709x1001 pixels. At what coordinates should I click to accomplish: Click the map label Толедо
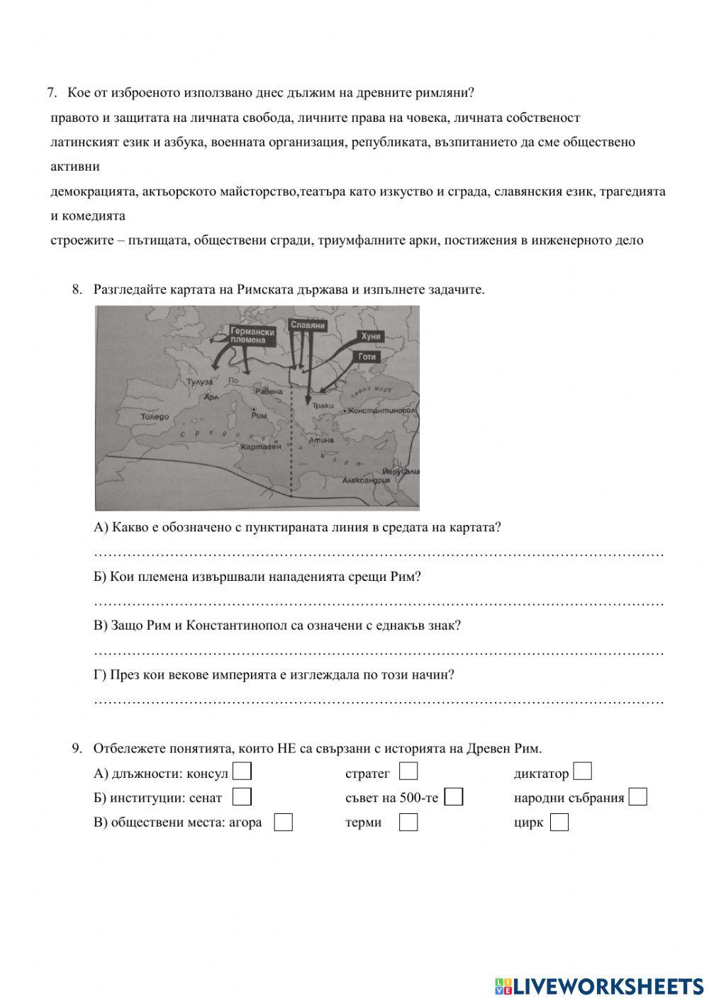pos(155,417)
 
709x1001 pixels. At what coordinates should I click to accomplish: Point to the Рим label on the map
pos(259,417)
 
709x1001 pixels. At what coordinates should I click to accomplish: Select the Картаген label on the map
pos(260,447)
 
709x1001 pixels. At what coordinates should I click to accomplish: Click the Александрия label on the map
pos(366,480)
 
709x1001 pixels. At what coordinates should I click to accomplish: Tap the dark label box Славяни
pos(308,325)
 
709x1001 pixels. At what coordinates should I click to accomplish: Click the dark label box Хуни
pos(371,337)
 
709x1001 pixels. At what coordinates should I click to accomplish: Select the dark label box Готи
pos(367,357)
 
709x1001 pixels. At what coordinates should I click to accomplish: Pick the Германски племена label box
pos(252,335)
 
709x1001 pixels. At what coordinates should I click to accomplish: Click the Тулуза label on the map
pos(199,383)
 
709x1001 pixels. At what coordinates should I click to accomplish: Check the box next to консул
pos(242,771)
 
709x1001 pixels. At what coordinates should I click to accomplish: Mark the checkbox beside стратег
pos(408,771)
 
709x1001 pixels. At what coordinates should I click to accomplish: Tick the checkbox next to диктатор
pos(583,771)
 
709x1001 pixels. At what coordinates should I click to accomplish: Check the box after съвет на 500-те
pos(454,797)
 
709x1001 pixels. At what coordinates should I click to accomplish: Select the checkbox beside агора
pos(284,822)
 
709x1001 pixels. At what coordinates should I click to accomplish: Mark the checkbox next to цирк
pos(559,822)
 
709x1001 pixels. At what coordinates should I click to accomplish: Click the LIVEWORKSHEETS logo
pos(599,985)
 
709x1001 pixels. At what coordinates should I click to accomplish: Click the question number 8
pos(77,289)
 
